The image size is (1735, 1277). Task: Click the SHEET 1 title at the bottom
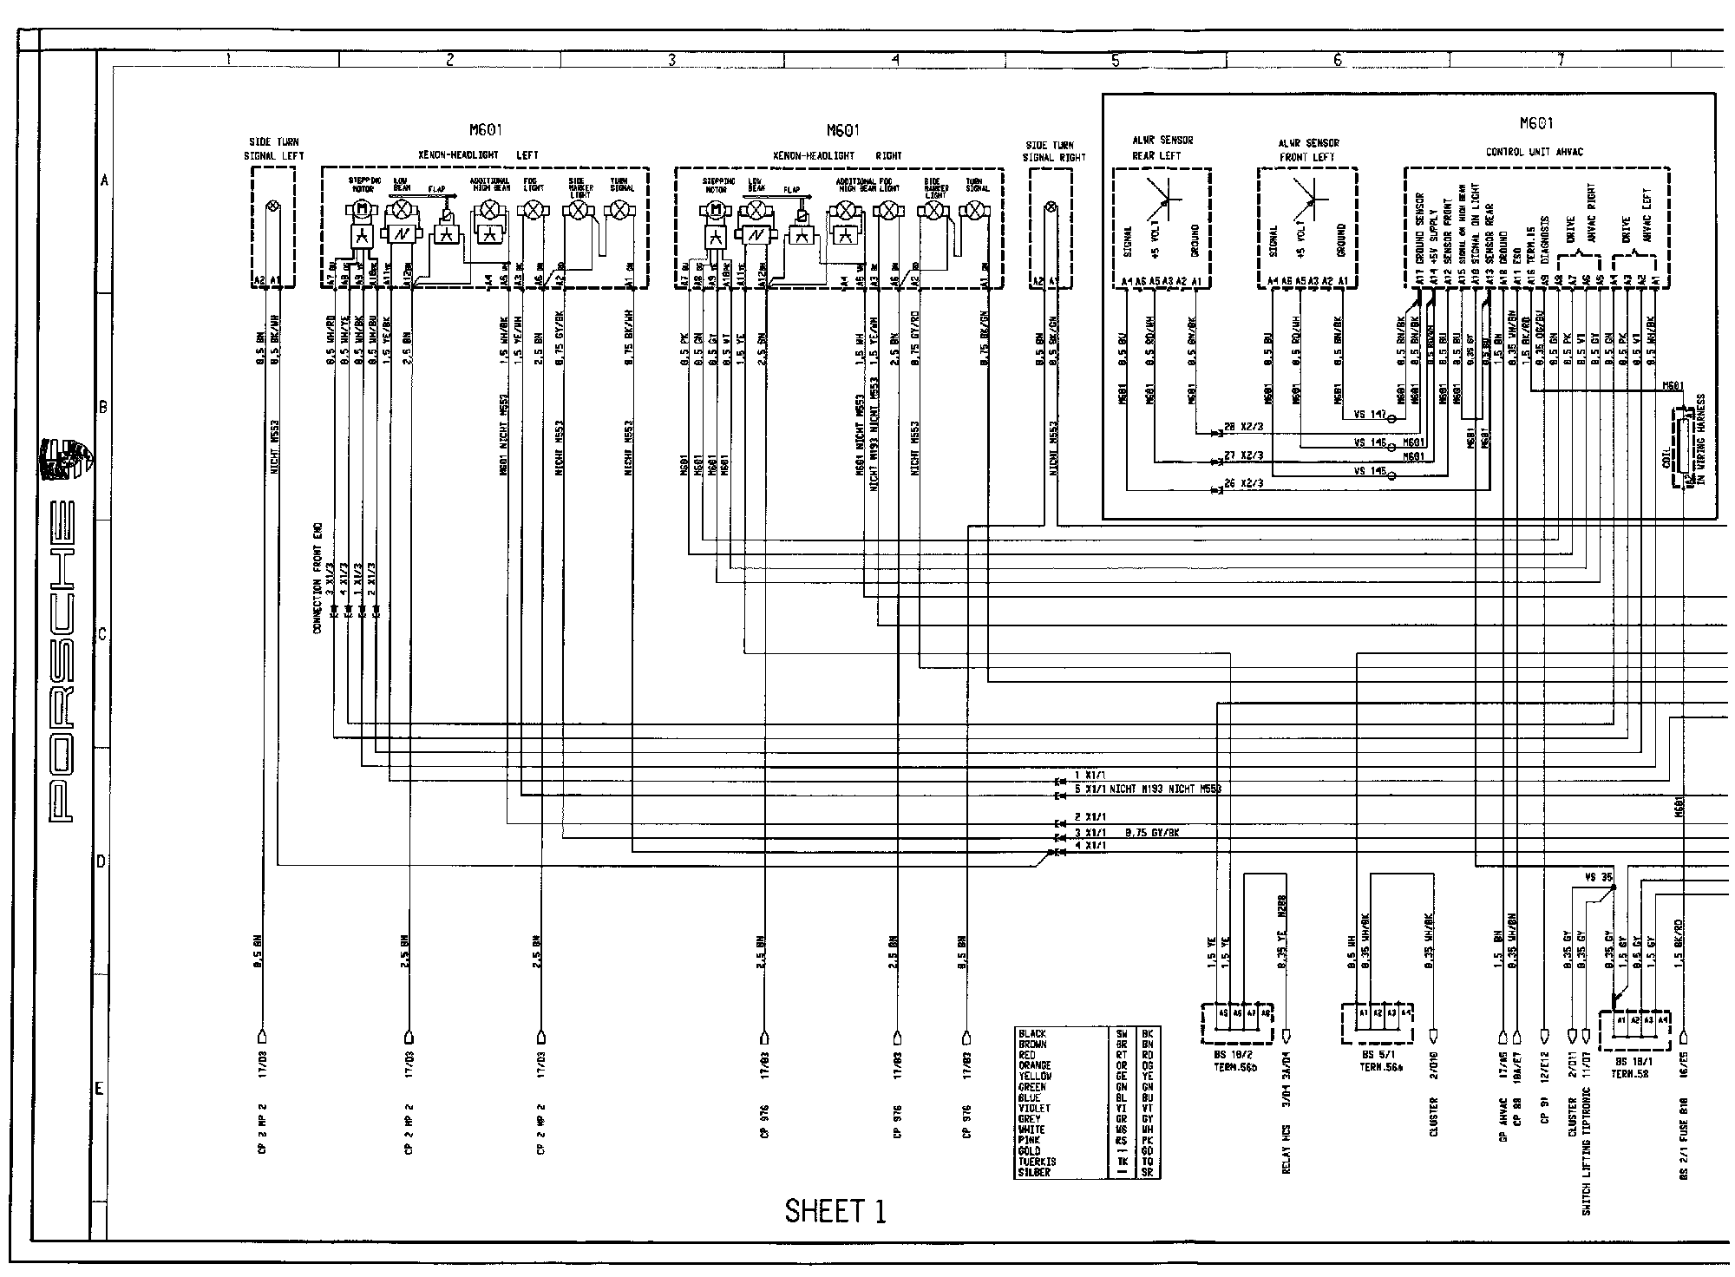coord(835,1210)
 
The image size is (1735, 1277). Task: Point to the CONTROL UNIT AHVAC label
coord(1534,152)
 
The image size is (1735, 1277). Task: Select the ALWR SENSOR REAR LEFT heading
coord(1162,148)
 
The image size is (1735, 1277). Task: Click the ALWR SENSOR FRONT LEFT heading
coord(1307,150)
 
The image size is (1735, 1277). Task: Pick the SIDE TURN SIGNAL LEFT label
coord(273,148)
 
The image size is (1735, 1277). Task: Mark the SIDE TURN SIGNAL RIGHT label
coord(1055,151)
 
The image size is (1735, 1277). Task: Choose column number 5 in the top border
coord(1116,61)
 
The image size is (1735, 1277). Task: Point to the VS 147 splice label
coord(1369,415)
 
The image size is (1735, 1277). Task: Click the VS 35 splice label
coord(1597,877)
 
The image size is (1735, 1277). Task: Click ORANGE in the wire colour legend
coord(1035,1065)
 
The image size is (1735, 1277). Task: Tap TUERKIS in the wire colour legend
coord(1037,1162)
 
